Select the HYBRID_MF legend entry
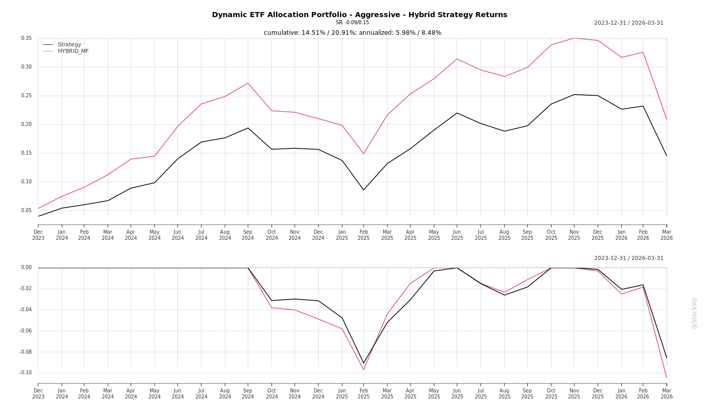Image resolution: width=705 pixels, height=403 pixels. pos(73,51)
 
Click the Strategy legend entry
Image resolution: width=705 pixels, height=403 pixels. pos(69,44)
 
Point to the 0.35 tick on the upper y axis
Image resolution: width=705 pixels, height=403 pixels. pos(26,38)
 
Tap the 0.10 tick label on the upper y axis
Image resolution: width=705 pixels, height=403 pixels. pos(26,182)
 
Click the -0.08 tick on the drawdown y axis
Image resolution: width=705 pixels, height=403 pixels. pos(25,352)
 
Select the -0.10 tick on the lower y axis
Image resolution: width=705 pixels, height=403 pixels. pos(25,373)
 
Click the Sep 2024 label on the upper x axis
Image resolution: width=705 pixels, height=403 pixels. pos(248,235)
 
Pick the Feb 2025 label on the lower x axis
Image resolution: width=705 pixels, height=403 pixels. pos(364,393)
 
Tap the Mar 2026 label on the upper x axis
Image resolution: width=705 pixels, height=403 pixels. pos(666,235)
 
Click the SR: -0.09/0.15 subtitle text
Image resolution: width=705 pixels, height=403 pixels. pos(352,23)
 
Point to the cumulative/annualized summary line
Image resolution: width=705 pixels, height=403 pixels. pos(352,33)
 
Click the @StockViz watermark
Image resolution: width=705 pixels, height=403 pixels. pos(694,313)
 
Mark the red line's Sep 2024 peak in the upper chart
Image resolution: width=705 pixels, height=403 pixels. pos(248,83)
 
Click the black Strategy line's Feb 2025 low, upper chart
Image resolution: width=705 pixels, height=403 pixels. pos(364,190)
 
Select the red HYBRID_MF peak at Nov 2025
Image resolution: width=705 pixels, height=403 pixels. pos(574,38)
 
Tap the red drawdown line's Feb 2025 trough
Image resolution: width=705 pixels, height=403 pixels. pos(364,370)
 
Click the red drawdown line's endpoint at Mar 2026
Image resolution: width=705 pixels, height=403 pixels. pos(666,378)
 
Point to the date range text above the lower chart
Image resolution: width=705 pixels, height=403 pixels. pos(628,258)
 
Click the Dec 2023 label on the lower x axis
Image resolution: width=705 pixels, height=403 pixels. pos(38,393)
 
